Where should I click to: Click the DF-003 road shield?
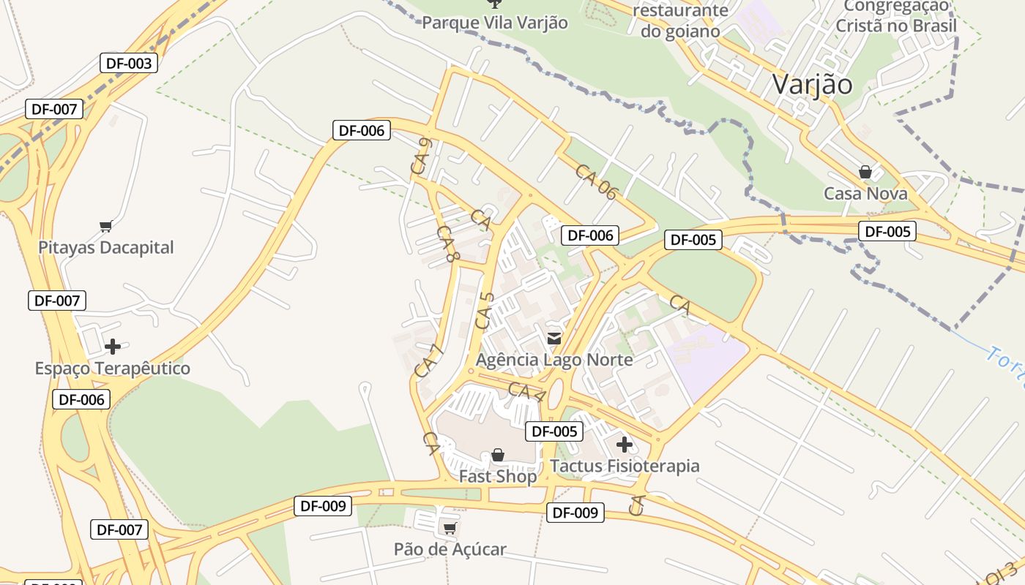pos(129,63)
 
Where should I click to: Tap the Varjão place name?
pos(812,84)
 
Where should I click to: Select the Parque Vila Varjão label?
pos(494,23)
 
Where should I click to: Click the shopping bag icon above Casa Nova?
pos(865,172)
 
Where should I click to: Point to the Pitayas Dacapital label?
pos(106,247)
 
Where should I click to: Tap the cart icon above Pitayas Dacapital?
pos(106,226)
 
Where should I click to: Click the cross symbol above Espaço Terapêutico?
pos(113,346)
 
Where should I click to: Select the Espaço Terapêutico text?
pos(113,368)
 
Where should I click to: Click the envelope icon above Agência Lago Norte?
pos(554,338)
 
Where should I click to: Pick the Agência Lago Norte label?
pos(554,359)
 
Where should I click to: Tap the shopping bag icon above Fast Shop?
pos(498,455)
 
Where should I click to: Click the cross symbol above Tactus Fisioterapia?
pos(625,444)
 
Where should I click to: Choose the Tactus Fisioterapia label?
pos(625,466)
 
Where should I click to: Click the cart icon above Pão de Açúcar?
pos(450,528)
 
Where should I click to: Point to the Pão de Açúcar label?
pos(450,549)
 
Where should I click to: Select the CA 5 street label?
pos(485,310)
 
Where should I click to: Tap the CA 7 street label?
pos(430,361)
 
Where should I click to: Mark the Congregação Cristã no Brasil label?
pos(896,16)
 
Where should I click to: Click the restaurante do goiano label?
pos(680,20)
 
